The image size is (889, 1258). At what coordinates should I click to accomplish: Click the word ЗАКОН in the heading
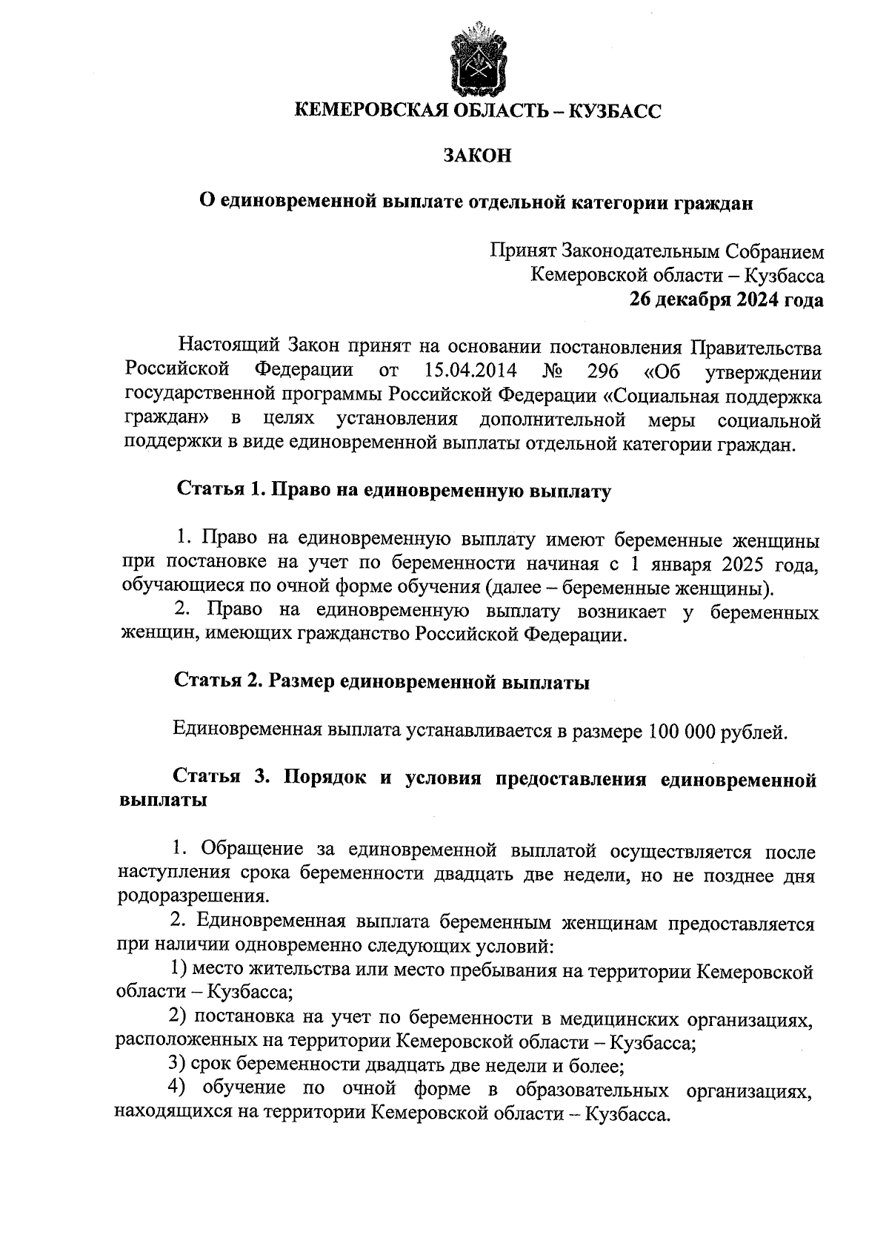[x=477, y=156]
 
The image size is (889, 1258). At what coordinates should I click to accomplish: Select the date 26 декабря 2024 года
[x=726, y=299]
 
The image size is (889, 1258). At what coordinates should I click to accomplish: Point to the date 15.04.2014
[x=471, y=371]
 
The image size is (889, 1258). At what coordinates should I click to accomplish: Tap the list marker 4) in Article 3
[x=176, y=1089]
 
